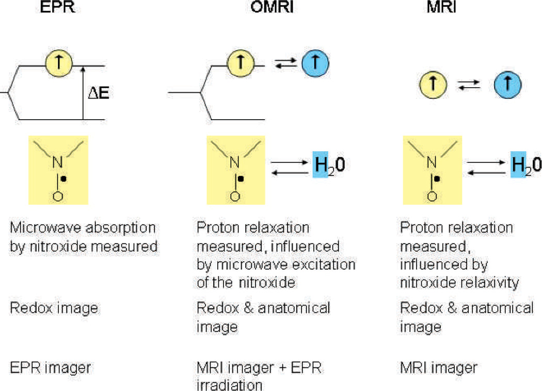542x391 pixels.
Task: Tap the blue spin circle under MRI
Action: point(507,86)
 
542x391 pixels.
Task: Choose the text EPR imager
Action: point(51,368)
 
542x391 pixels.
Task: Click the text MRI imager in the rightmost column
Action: point(439,368)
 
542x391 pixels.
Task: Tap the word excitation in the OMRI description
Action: point(325,265)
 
